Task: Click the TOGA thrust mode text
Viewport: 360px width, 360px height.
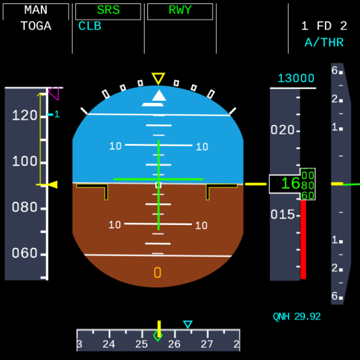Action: (x=36, y=26)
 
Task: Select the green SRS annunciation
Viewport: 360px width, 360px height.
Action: (x=108, y=11)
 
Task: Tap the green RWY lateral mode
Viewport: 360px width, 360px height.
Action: (x=180, y=11)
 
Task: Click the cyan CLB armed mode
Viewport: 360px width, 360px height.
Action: (x=90, y=26)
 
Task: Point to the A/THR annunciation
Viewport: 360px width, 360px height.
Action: (x=322, y=43)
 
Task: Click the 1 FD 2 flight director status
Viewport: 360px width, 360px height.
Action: (x=324, y=26)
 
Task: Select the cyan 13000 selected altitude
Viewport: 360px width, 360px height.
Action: (x=296, y=79)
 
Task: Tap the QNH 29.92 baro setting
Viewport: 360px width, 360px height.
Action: (x=297, y=317)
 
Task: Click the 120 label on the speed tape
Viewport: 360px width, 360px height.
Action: (x=25, y=115)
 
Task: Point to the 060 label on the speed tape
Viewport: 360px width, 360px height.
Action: (x=25, y=253)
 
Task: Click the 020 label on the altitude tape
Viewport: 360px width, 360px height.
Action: (x=282, y=130)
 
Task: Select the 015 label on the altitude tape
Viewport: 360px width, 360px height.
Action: (x=282, y=215)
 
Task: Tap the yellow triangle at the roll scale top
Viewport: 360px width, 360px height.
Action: (x=158, y=79)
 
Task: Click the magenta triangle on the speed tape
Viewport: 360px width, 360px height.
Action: (x=53, y=94)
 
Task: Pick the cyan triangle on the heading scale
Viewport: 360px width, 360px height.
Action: (x=187, y=324)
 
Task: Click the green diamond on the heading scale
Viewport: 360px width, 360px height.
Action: (x=158, y=336)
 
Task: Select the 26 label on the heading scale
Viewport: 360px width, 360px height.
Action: (x=175, y=344)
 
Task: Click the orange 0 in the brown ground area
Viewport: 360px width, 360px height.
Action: (x=157, y=273)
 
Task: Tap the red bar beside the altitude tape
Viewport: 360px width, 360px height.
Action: (x=303, y=239)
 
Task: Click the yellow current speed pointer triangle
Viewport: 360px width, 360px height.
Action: (x=52, y=185)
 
